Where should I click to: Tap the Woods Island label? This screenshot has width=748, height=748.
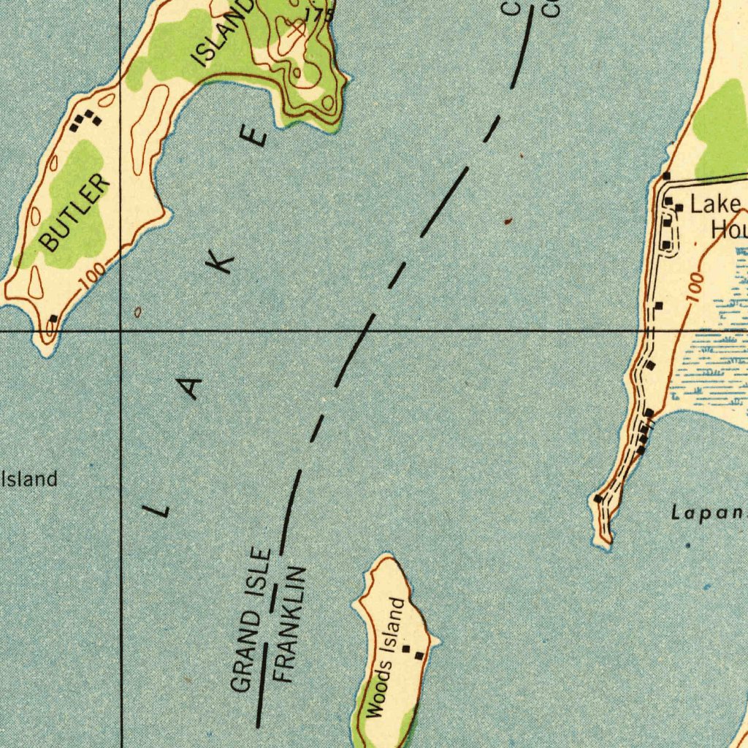385,657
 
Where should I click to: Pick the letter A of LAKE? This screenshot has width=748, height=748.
191,386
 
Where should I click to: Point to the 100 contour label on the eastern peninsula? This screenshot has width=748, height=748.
695,287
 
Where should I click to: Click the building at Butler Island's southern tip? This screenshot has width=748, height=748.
53,319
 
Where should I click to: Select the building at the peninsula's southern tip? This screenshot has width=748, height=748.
598,499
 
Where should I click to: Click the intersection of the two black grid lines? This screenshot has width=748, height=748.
121,331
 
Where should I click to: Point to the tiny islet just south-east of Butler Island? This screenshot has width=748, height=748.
138,312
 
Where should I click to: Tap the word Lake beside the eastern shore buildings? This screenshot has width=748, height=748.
715,205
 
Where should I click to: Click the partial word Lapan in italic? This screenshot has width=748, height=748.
707,514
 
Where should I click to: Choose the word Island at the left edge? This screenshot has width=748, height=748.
30,479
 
